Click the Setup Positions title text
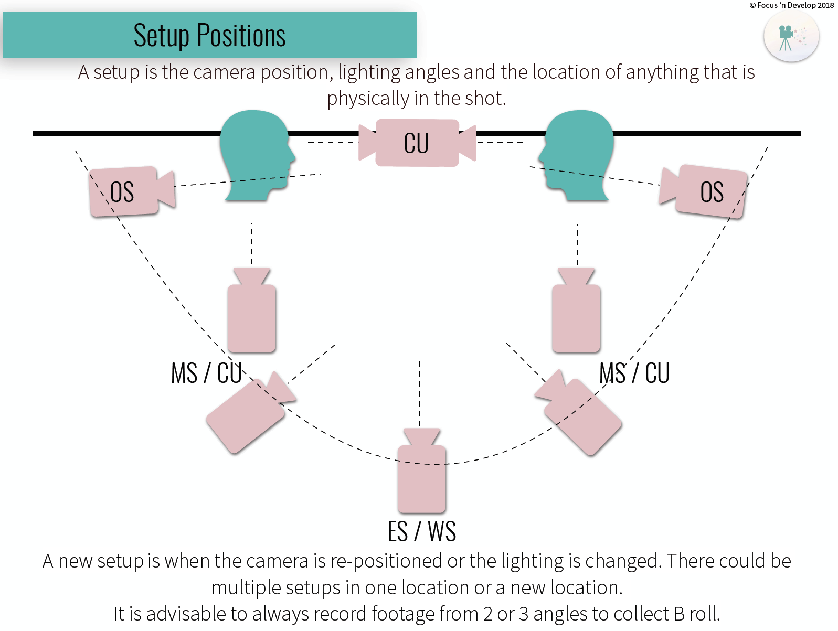pos(209,36)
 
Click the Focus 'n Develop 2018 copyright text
pos(791,5)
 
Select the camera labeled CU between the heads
pos(417,143)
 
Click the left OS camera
pos(129,191)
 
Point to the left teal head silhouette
pos(254,155)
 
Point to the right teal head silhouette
pos(580,155)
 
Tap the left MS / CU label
pos(206,373)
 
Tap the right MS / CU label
pos(634,373)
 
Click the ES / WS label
pos(421,531)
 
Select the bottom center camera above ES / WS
pos(421,475)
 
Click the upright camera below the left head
pos(252,315)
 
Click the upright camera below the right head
pos(576,315)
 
